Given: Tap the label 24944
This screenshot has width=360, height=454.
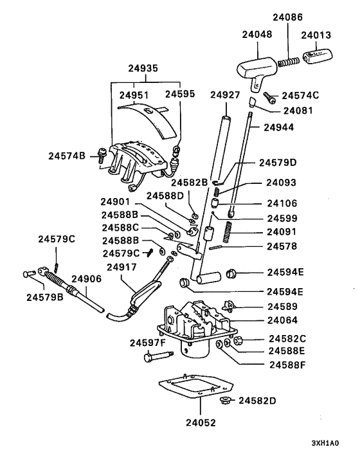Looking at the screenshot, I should tap(283, 127).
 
